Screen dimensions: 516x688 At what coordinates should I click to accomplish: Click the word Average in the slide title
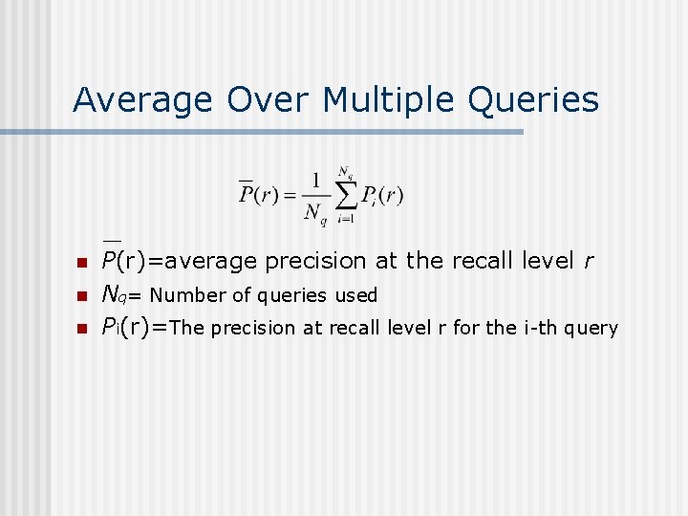point(143,99)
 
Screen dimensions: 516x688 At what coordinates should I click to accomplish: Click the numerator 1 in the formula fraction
point(314,179)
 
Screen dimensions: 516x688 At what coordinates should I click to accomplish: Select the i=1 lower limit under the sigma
point(345,219)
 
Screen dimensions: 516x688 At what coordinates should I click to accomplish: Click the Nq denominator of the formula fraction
point(314,213)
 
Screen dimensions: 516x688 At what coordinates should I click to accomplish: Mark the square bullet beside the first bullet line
point(81,263)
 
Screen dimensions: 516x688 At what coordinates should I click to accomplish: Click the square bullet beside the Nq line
point(81,296)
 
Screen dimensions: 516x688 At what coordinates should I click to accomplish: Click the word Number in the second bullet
point(183,295)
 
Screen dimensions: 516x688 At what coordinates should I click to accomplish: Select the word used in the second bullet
point(355,295)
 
